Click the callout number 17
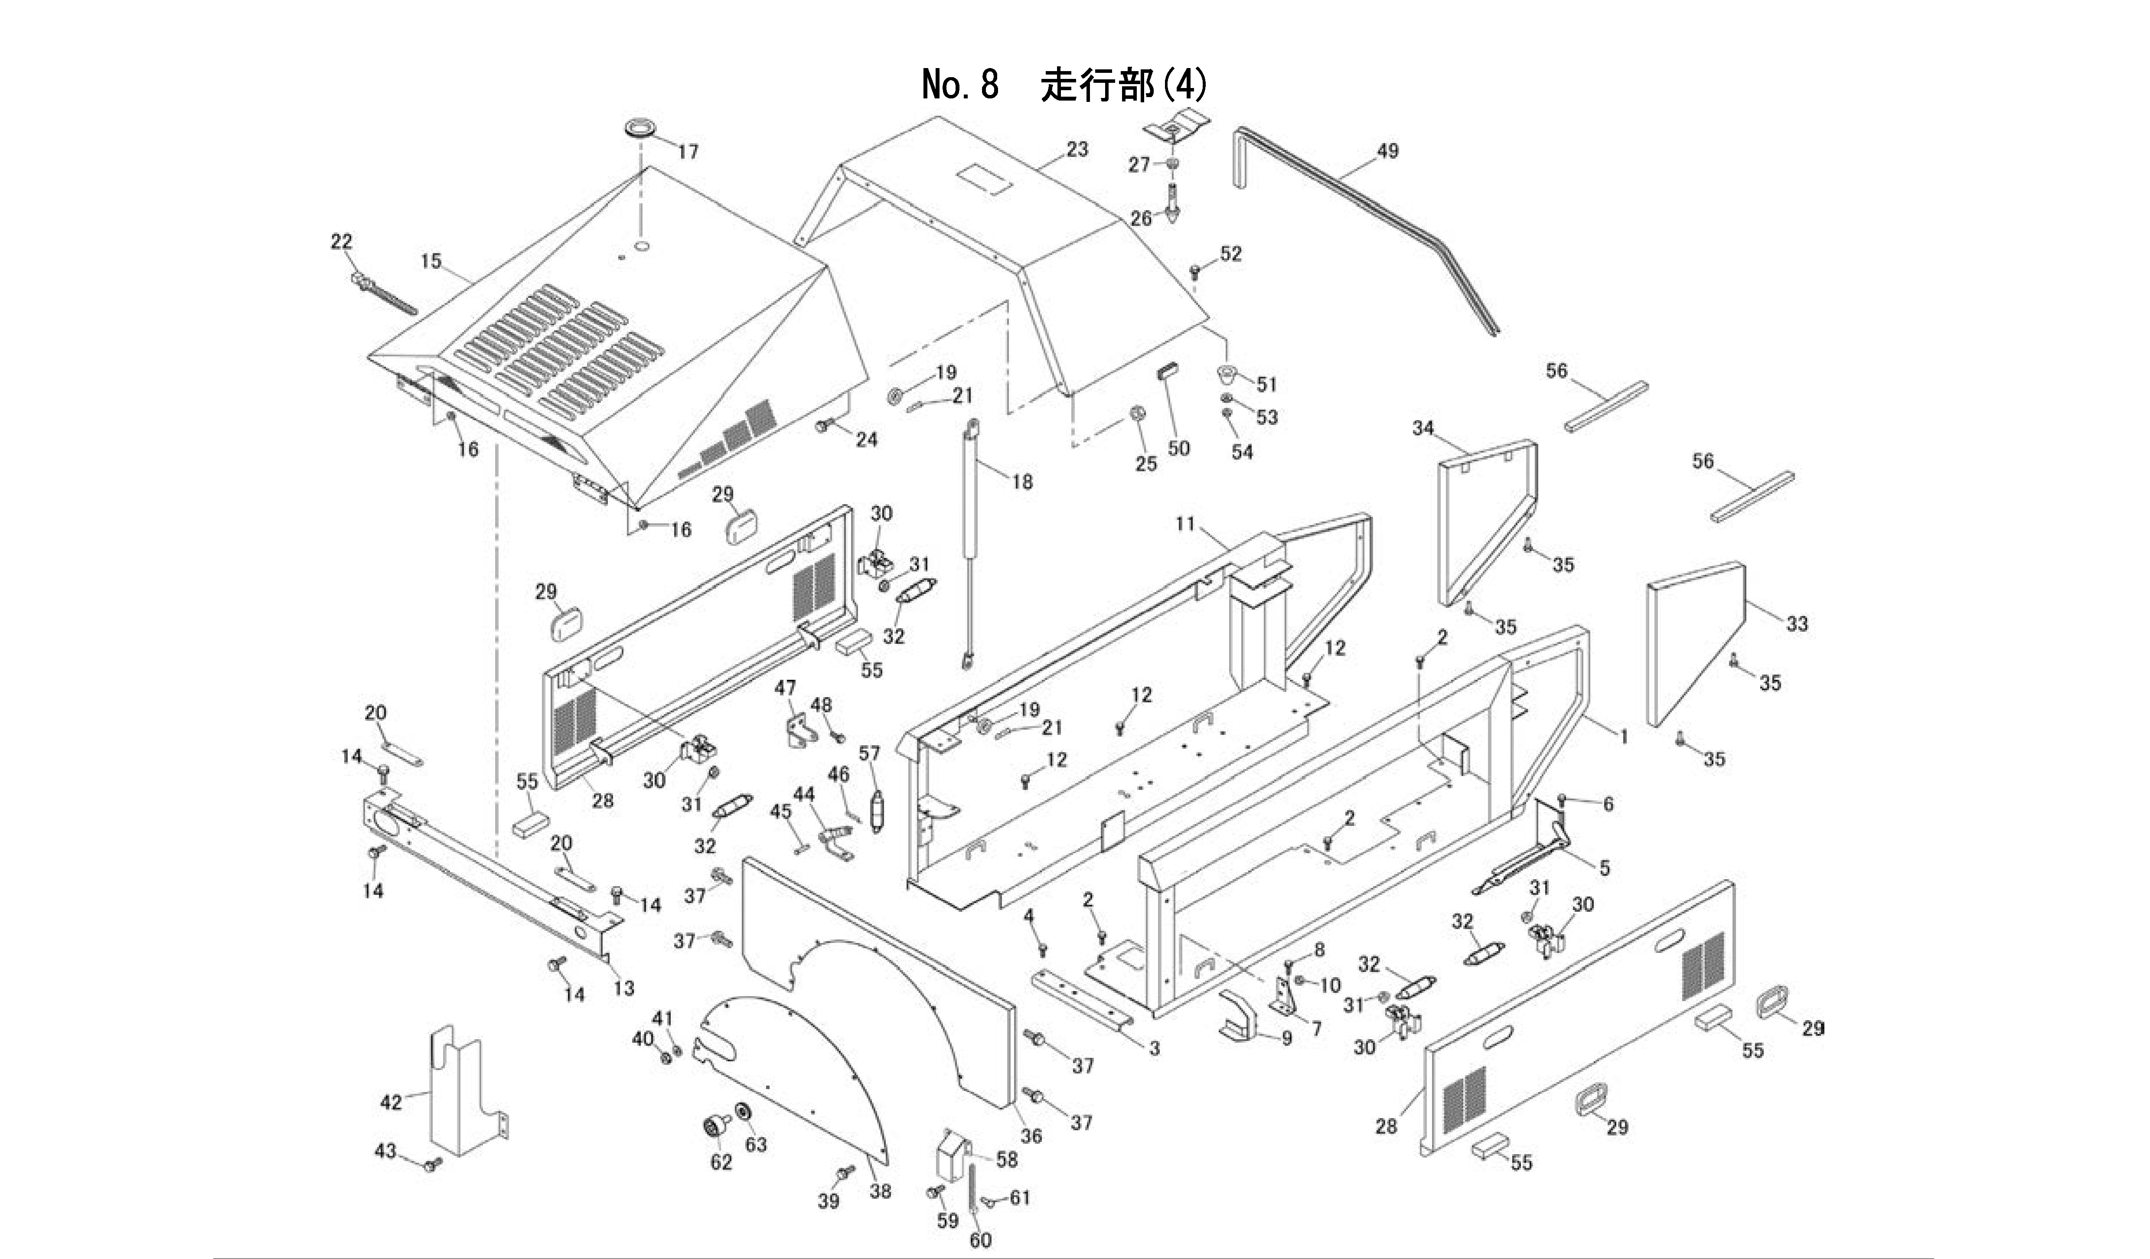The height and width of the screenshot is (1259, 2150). (x=688, y=152)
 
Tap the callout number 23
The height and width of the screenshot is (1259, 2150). (x=1077, y=149)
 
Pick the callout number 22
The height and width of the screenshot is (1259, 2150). (x=341, y=241)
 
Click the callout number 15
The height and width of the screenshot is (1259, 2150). (x=431, y=261)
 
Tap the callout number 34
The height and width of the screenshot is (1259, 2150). (x=1423, y=428)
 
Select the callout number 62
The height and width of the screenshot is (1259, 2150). (x=722, y=1162)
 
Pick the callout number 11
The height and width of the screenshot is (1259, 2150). (x=1185, y=523)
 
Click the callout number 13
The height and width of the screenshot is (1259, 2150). (x=624, y=988)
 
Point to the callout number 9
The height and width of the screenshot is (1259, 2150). (x=1287, y=1038)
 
